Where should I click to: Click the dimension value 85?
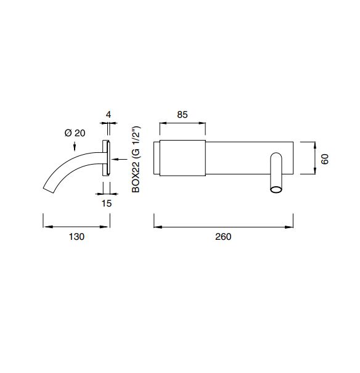point(182,115)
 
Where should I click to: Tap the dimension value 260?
point(223,237)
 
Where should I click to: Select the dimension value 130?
point(76,237)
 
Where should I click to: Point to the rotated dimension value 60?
point(325,159)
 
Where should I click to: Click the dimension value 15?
point(107,203)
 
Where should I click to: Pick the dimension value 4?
point(108,115)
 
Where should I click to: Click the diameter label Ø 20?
point(75,133)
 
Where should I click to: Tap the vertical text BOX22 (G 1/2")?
point(136,159)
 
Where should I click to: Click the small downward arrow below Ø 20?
point(75,146)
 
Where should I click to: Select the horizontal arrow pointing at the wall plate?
point(120,160)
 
